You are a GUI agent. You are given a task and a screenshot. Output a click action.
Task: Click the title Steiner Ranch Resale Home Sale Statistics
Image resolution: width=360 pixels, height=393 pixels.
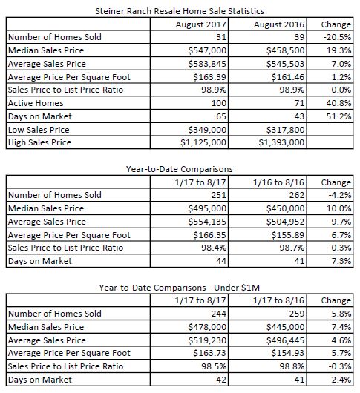tap(180, 11)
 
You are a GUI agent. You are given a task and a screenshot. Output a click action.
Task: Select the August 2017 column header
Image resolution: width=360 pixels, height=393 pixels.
tap(200, 24)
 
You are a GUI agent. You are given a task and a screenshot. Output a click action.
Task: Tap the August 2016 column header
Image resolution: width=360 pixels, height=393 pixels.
tap(279, 24)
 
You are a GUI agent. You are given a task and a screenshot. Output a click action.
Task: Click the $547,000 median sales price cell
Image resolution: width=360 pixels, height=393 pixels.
tap(207, 50)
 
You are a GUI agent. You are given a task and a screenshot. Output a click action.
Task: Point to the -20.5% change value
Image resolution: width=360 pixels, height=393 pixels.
tap(337, 37)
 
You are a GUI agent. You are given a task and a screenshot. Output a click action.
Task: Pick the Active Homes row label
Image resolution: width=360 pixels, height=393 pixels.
tap(36, 103)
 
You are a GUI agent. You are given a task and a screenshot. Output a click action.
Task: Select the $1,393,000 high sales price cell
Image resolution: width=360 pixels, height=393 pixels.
tap(281, 142)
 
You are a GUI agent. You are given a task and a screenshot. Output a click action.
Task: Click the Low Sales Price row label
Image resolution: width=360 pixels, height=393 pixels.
tap(39, 130)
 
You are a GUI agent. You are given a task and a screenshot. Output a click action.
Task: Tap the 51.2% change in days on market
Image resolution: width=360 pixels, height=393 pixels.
tap(338, 116)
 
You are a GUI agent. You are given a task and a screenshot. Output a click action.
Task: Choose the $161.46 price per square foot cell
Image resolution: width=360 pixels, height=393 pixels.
tap(288, 77)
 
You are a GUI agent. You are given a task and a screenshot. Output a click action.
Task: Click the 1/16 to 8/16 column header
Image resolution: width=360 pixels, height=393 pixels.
tap(278, 182)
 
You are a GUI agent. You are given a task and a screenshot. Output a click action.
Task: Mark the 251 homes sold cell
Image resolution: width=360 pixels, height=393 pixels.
tap(218, 195)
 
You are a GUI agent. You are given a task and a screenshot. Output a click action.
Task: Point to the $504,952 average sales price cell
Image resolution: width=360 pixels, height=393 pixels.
tap(286, 222)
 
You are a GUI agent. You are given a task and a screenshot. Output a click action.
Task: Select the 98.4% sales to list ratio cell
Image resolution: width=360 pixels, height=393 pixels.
tap(214, 248)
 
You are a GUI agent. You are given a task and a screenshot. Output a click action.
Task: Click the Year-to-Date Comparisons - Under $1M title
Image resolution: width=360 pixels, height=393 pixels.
tap(180, 288)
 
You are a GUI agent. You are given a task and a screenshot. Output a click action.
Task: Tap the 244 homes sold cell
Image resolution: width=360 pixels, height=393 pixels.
tap(219, 314)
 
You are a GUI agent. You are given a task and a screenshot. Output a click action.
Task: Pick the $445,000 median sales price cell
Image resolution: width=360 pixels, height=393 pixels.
tap(286, 327)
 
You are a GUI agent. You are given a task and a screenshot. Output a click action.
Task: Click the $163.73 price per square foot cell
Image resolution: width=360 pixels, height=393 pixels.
tap(210, 353)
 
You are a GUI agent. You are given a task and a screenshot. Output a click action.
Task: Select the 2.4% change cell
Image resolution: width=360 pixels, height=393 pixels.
tap(341, 380)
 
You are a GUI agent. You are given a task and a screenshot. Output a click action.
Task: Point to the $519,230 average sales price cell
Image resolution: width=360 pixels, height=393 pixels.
tap(207, 340)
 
